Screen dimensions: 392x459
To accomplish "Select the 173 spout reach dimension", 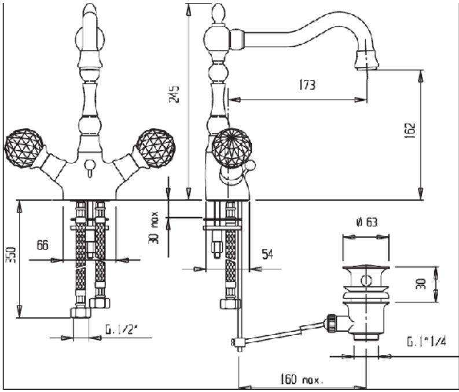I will coord(307,85).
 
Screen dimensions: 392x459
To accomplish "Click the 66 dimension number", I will coord(42,245).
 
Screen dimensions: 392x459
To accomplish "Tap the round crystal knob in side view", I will coord(230,147).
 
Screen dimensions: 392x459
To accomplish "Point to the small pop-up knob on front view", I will coord(89,168).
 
